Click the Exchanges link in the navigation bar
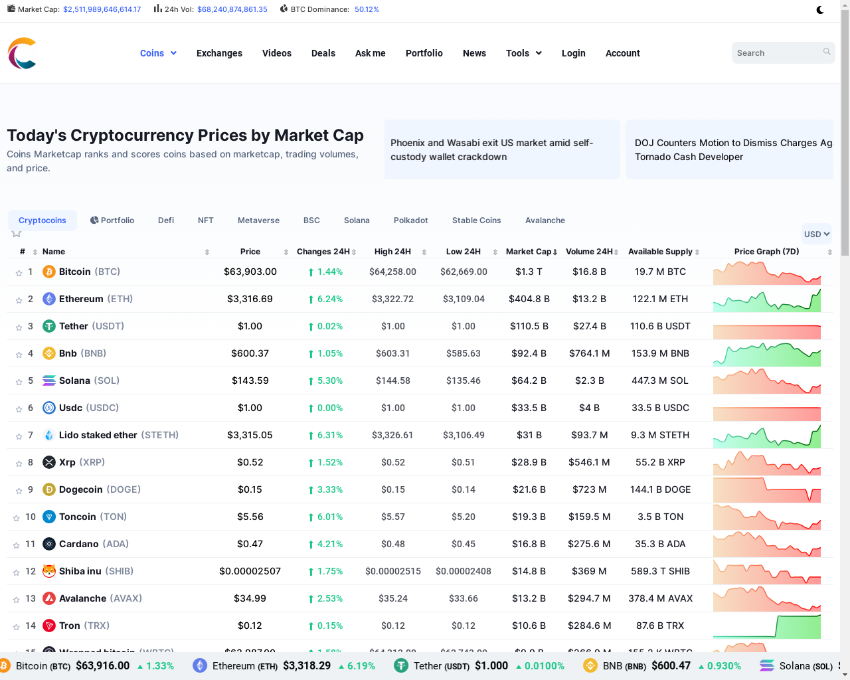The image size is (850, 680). (x=219, y=53)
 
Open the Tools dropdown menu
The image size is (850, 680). (x=523, y=53)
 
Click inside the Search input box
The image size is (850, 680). (x=777, y=53)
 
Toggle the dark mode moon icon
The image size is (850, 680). (x=820, y=10)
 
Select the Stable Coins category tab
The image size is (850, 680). (x=476, y=220)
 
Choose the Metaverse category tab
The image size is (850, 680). (x=258, y=220)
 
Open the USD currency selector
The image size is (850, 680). (x=816, y=234)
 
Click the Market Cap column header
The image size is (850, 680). (x=529, y=252)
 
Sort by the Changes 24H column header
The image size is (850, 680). (x=323, y=252)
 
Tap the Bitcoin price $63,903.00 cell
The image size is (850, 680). (x=250, y=272)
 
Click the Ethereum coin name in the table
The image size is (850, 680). (x=81, y=299)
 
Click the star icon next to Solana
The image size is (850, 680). (x=19, y=381)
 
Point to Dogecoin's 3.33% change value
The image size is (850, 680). (x=329, y=489)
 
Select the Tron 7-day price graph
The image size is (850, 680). (x=766, y=626)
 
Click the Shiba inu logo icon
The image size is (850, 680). (x=49, y=571)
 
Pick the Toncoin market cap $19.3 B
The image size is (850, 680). (x=529, y=517)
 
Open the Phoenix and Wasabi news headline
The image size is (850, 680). (x=491, y=150)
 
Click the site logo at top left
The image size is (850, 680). (x=22, y=53)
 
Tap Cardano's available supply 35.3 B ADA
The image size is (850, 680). (x=660, y=544)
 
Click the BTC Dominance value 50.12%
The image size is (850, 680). (x=367, y=9)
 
